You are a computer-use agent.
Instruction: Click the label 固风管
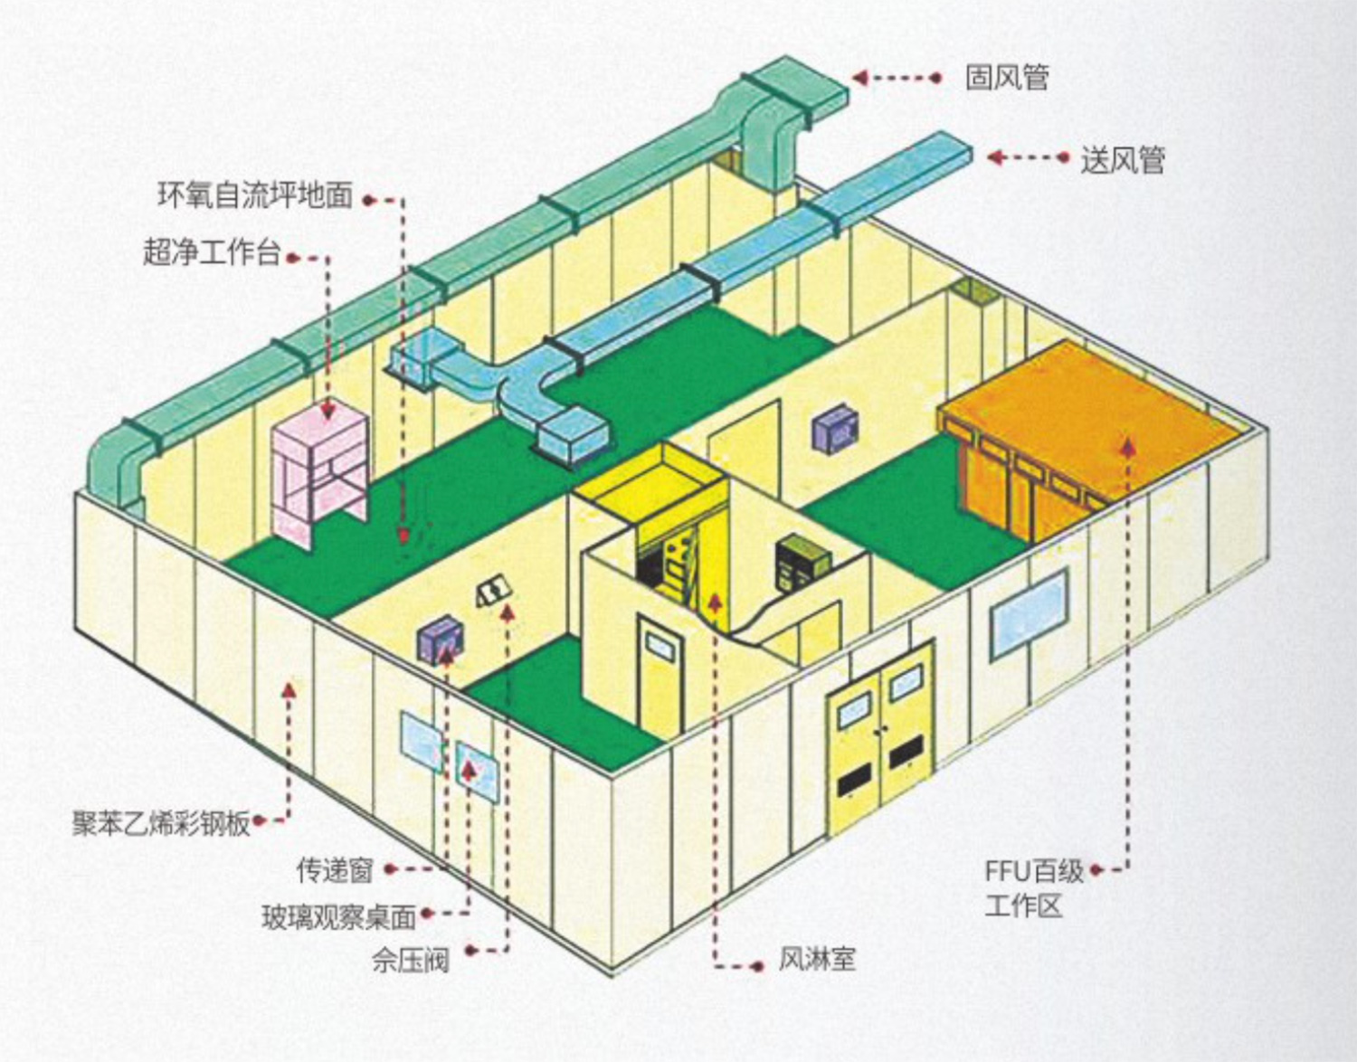pyautogui.click(x=1007, y=78)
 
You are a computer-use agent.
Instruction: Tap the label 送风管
pyautogui.click(x=1122, y=160)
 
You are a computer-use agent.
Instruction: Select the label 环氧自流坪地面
pyautogui.click(x=255, y=196)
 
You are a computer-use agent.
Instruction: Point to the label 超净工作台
pyautogui.click(x=212, y=252)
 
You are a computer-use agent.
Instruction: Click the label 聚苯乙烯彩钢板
pyautogui.click(x=161, y=823)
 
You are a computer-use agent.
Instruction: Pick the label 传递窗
pyautogui.click(x=335, y=870)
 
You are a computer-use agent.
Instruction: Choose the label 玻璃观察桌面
pyautogui.click(x=338, y=917)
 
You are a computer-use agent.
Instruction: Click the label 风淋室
pyautogui.click(x=816, y=959)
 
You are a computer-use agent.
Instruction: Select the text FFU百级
pyautogui.click(x=1034, y=871)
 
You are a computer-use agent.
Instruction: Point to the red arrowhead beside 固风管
pyautogui.click(x=860, y=78)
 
